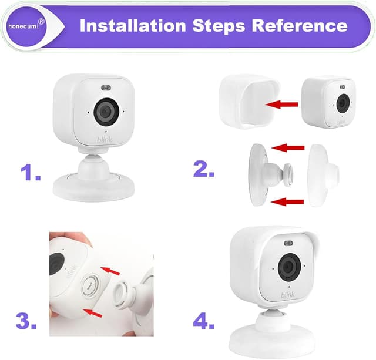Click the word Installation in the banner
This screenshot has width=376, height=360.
pyautogui.click(x=133, y=26)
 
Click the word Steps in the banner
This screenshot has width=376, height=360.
pyautogui.click(x=219, y=26)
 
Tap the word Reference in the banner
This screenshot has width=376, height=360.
pyautogui.click(x=300, y=26)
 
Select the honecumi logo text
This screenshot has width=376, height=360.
pyautogui.click(x=23, y=26)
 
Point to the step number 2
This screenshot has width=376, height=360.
pyautogui.click(x=204, y=169)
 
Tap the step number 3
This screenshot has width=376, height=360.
pyautogui.click(x=26, y=321)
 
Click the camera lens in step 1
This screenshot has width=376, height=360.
pyautogui.click(x=106, y=112)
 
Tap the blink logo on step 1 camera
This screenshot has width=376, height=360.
pyautogui.click(x=105, y=140)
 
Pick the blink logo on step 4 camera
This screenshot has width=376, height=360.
pyautogui.click(x=288, y=295)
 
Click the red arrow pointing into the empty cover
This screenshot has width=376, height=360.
pyautogui.click(x=281, y=105)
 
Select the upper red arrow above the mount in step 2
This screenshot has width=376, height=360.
pyautogui.click(x=288, y=147)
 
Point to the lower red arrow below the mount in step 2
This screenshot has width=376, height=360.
pyautogui.click(x=287, y=202)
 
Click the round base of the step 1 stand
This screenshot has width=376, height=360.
pyautogui.click(x=94, y=188)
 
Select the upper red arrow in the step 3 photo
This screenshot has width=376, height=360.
pyautogui.click(x=110, y=271)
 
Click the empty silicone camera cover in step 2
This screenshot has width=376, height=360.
pyautogui.click(x=250, y=101)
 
